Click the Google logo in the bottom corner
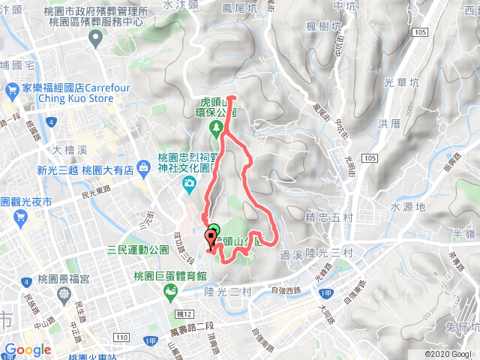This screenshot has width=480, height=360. (x=27, y=349)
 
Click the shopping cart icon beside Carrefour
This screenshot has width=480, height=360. (x=11, y=91)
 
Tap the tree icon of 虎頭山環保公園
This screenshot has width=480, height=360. (x=217, y=128)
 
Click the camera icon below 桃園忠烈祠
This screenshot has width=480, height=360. (x=191, y=183)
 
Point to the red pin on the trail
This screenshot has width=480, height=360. (x=210, y=240)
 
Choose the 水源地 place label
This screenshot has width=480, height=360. (x=408, y=205)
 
